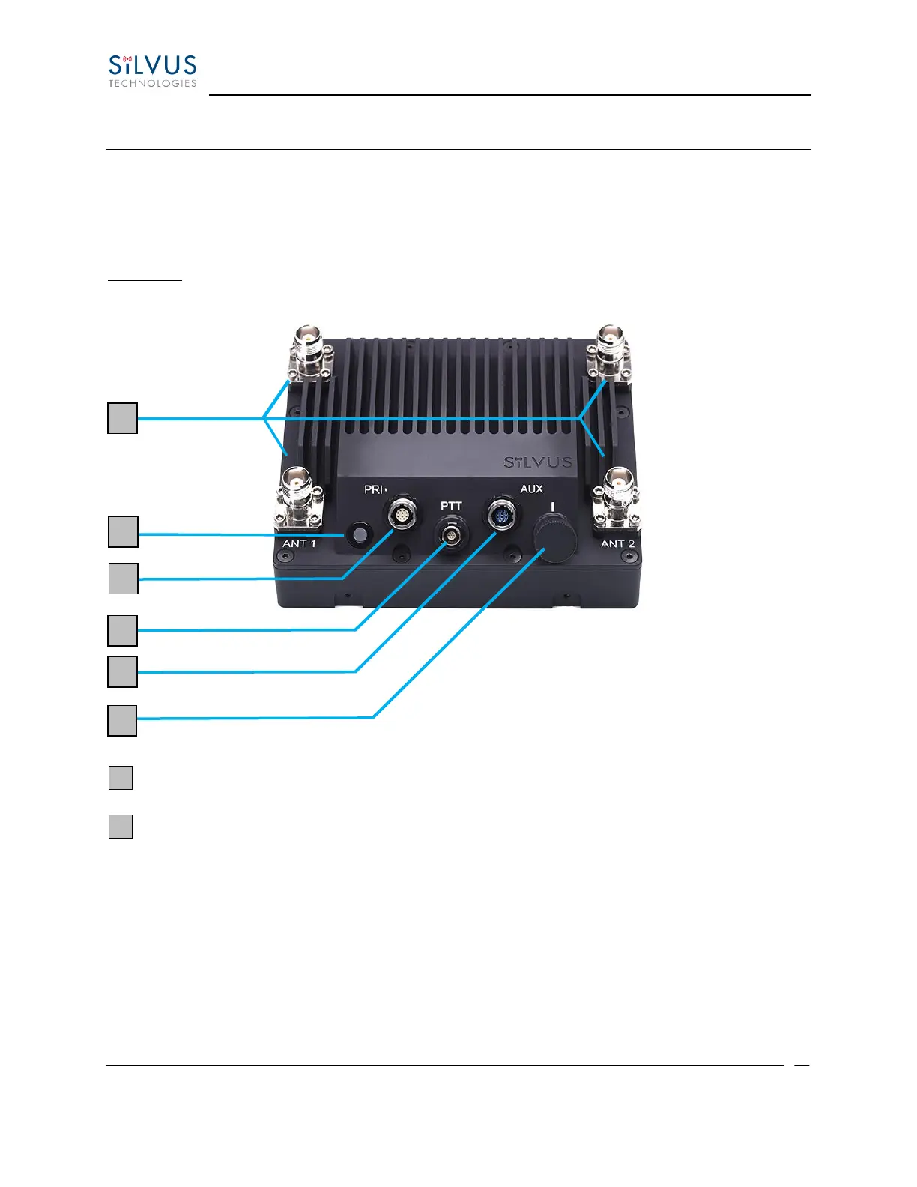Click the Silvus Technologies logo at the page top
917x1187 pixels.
pos(152,71)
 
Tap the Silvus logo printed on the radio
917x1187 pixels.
pos(538,462)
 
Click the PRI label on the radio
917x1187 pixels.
pos(374,489)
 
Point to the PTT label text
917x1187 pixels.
pos(451,507)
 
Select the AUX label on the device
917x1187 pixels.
pos(531,489)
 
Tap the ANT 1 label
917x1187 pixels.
pos(299,543)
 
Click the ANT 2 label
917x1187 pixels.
pos(617,543)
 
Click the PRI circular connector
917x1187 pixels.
pos(402,516)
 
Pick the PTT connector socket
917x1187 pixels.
pos(451,534)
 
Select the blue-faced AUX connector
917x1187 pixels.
pos(501,516)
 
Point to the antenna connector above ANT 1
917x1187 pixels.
pos(299,498)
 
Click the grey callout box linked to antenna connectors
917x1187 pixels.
pos(122,418)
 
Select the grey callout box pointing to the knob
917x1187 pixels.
pos(122,720)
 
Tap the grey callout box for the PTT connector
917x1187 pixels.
pos(122,631)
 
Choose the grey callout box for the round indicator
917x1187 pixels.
pos(123,531)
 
